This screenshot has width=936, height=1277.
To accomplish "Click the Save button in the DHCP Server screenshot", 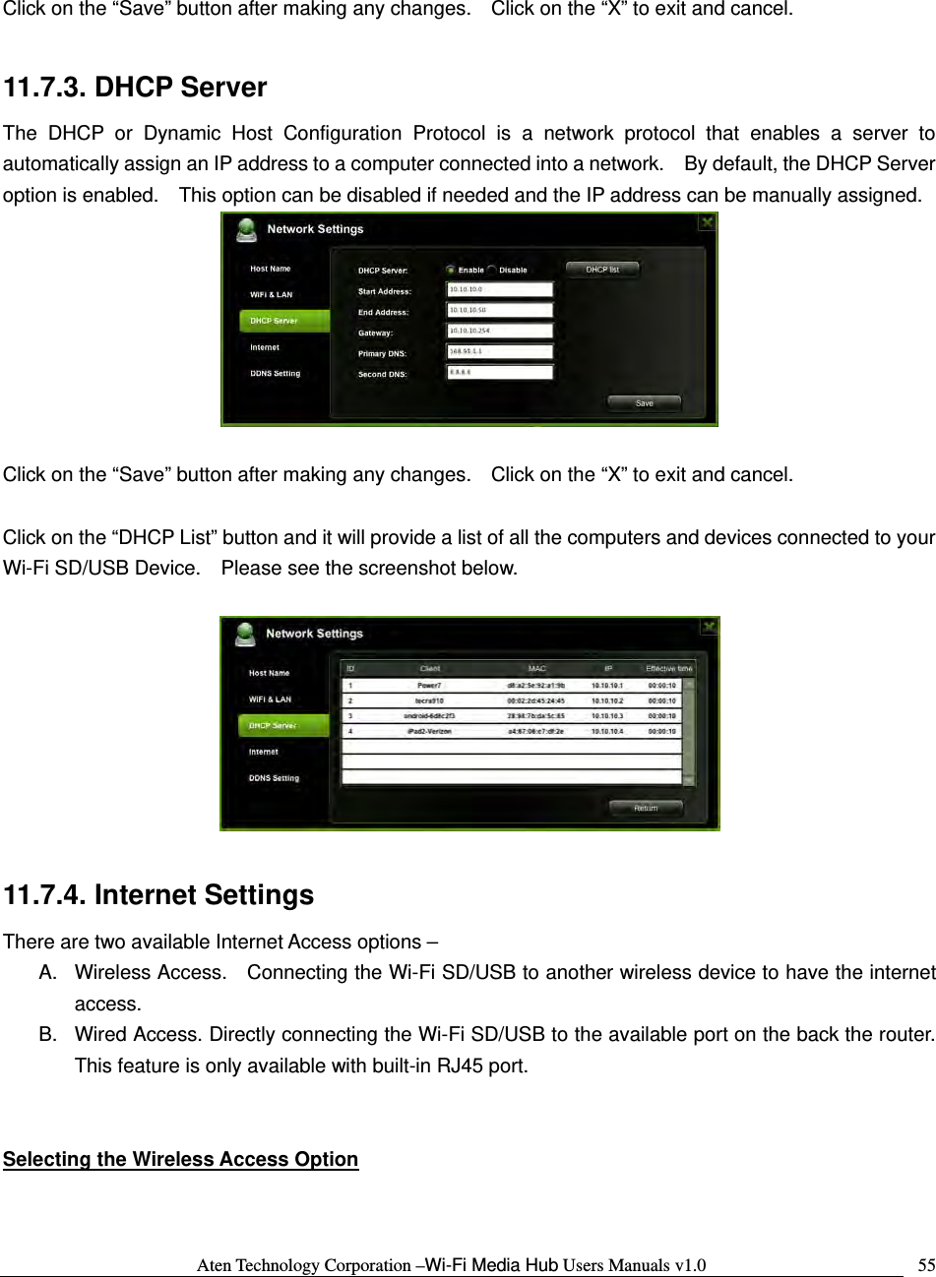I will click(x=644, y=402).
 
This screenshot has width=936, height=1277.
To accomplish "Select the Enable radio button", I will click(x=451, y=270).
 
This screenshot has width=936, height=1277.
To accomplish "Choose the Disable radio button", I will click(x=491, y=270).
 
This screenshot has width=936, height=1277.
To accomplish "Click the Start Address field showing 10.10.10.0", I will click(x=500, y=289).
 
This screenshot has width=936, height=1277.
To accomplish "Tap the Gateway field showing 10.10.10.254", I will click(x=500, y=331).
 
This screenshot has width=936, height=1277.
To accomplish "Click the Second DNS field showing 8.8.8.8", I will click(x=500, y=372).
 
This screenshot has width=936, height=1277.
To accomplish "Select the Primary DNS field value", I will click(x=500, y=351).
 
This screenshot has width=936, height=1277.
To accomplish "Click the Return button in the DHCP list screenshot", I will click(x=646, y=808).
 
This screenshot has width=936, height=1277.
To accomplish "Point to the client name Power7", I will click(x=429, y=685).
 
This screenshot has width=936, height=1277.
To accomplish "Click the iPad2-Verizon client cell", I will click(x=429, y=732).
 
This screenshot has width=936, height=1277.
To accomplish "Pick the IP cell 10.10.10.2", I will click(x=607, y=700).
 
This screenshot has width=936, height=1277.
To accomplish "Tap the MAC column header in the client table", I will click(x=536, y=668).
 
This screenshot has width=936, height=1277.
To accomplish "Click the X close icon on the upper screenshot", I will click(x=707, y=222).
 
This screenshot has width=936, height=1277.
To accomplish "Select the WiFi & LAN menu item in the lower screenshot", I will click(x=270, y=699).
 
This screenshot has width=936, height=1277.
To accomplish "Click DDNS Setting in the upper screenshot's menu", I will click(x=275, y=374).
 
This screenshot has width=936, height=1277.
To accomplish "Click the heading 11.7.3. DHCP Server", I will click(x=135, y=88).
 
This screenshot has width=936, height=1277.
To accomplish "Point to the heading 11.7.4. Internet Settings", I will click(x=158, y=895).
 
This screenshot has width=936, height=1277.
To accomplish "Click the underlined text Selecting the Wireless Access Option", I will click(x=180, y=1159).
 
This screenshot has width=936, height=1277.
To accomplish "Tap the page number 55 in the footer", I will click(x=926, y=1264).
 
